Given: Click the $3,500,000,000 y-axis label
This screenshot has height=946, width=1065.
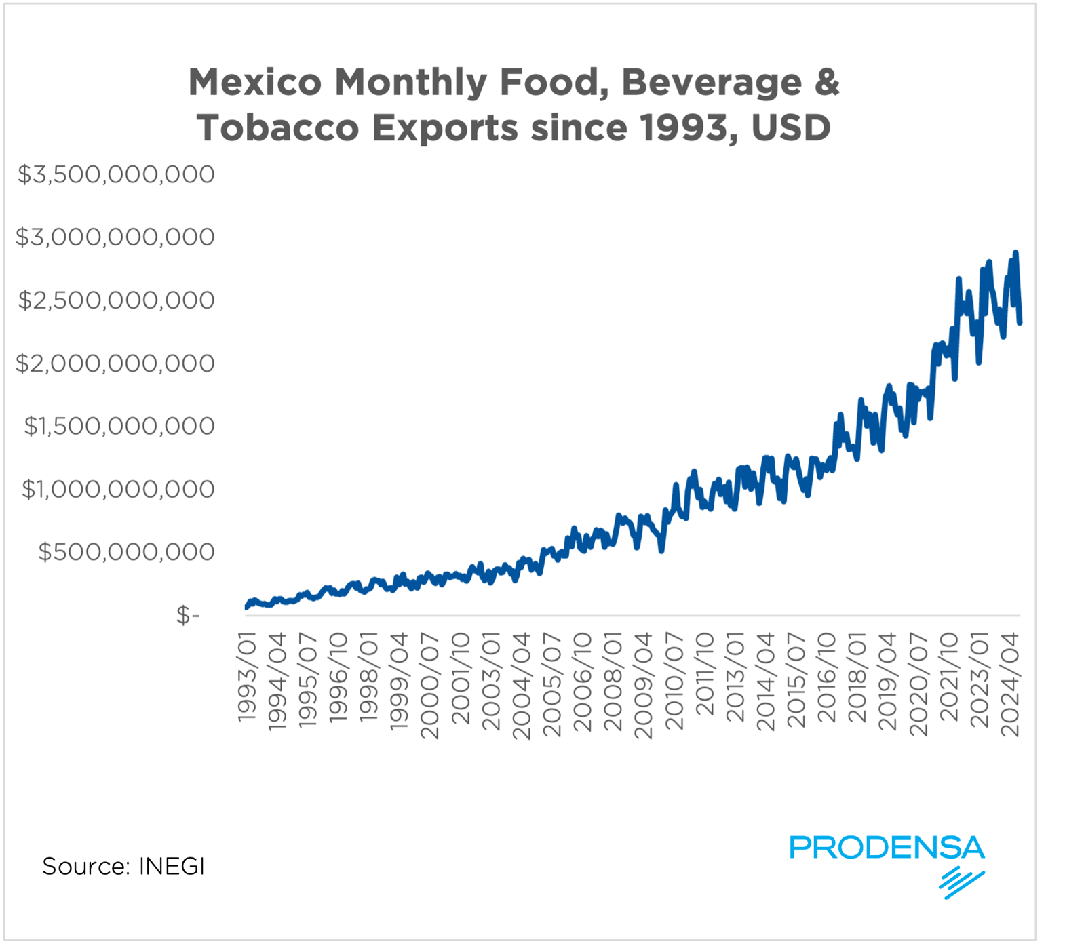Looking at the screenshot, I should pyautogui.click(x=116, y=175).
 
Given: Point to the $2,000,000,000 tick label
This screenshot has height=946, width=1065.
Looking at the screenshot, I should pyautogui.click(x=115, y=363).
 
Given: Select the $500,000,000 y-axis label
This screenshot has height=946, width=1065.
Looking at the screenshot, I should pyautogui.click(x=126, y=552).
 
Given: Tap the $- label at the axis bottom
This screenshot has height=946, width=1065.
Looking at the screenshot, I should pyautogui.click(x=188, y=615).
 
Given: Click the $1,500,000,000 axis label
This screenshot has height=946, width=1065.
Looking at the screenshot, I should pyautogui.click(x=119, y=427).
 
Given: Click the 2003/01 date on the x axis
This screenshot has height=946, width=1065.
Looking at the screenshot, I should pyautogui.click(x=491, y=681).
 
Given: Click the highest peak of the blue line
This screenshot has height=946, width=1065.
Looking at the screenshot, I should pyautogui.click(x=1015, y=253).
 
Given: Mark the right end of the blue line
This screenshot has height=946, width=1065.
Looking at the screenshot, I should pyautogui.click(x=1020, y=323).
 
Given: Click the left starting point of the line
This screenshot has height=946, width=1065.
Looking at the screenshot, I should pyautogui.click(x=247, y=607).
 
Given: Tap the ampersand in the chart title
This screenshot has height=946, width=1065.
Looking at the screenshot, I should pyautogui.click(x=826, y=83).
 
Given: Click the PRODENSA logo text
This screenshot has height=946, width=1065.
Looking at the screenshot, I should pyautogui.click(x=887, y=848).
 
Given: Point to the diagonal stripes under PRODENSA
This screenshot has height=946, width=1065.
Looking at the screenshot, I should pyautogui.click(x=961, y=882).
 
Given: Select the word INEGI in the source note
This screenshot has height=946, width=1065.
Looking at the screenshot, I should pyautogui.click(x=172, y=867).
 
